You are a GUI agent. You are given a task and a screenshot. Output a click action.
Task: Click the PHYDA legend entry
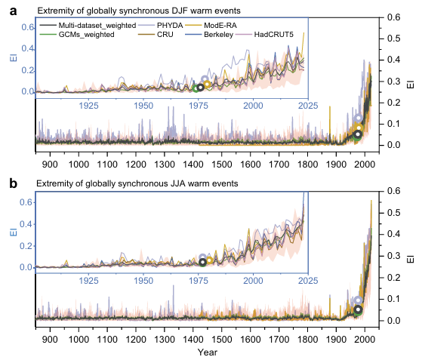tap(170, 26)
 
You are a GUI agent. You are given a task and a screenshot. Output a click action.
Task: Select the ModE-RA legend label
tap(220, 26)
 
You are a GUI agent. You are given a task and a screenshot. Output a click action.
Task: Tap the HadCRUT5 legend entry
tap(274, 35)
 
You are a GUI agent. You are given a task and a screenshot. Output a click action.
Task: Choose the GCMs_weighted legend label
tap(86, 35)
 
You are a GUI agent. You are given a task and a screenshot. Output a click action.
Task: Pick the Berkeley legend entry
tap(218, 35)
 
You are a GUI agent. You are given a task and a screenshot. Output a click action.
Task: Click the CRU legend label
tap(165, 35)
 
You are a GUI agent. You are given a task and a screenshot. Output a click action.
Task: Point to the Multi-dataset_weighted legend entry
tap(97, 26)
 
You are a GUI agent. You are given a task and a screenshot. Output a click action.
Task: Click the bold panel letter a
tap(13, 11)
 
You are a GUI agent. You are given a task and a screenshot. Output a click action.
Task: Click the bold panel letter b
tap(13, 183)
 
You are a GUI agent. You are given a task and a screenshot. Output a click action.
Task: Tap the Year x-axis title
tap(208, 352)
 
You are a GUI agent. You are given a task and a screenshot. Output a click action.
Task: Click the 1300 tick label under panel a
tap(165, 164)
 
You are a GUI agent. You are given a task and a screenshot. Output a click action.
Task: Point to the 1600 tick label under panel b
tap(251, 340)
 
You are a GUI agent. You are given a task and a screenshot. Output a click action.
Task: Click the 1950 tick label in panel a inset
tap(143, 106)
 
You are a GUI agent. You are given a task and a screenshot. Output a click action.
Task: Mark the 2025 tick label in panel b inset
tap(308, 281)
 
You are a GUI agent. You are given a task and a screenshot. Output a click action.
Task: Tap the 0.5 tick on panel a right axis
tap(394, 38)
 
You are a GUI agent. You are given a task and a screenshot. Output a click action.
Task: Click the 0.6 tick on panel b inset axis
tap(26, 202)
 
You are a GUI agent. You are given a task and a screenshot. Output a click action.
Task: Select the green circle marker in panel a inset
tap(196, 88)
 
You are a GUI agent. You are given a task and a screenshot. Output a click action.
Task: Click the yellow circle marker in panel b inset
tap(209, 260)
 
